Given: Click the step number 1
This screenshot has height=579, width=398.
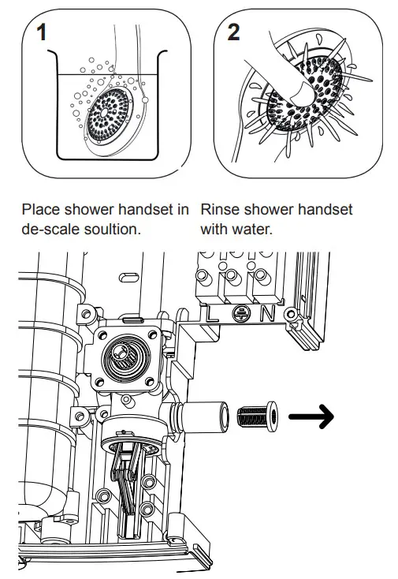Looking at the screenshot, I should tap(39, 33).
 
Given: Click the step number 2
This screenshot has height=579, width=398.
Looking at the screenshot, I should tap(234, 34).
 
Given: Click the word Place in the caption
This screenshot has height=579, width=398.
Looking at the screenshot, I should tap(41, 210).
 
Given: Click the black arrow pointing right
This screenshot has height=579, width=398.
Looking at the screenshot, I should tap(311, 414).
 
